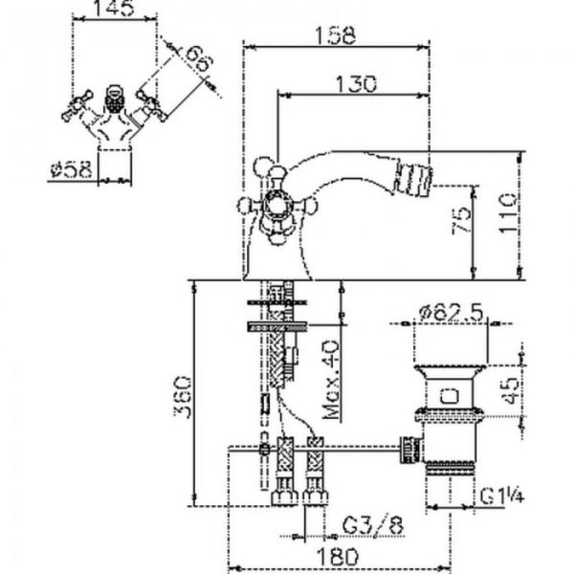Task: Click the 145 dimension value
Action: pos(115,8)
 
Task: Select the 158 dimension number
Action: pos(336,35)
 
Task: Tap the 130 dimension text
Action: pos(356,84)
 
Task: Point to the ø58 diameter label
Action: pos(71,170)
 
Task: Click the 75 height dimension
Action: pos(461,220)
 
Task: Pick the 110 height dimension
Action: pos(508,214)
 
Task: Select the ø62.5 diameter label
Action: pos(452,313)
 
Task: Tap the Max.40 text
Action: pos(331,380)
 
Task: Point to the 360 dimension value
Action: pos(182,396)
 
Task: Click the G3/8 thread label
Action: pos(373,525)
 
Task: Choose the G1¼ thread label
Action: pos(502,497)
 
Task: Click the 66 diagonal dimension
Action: pos(199,58)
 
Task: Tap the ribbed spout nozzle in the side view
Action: pos(412,179)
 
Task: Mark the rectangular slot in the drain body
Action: pos(450,396)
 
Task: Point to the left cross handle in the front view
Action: pos(77,105)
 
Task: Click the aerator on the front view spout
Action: pos(114,99)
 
